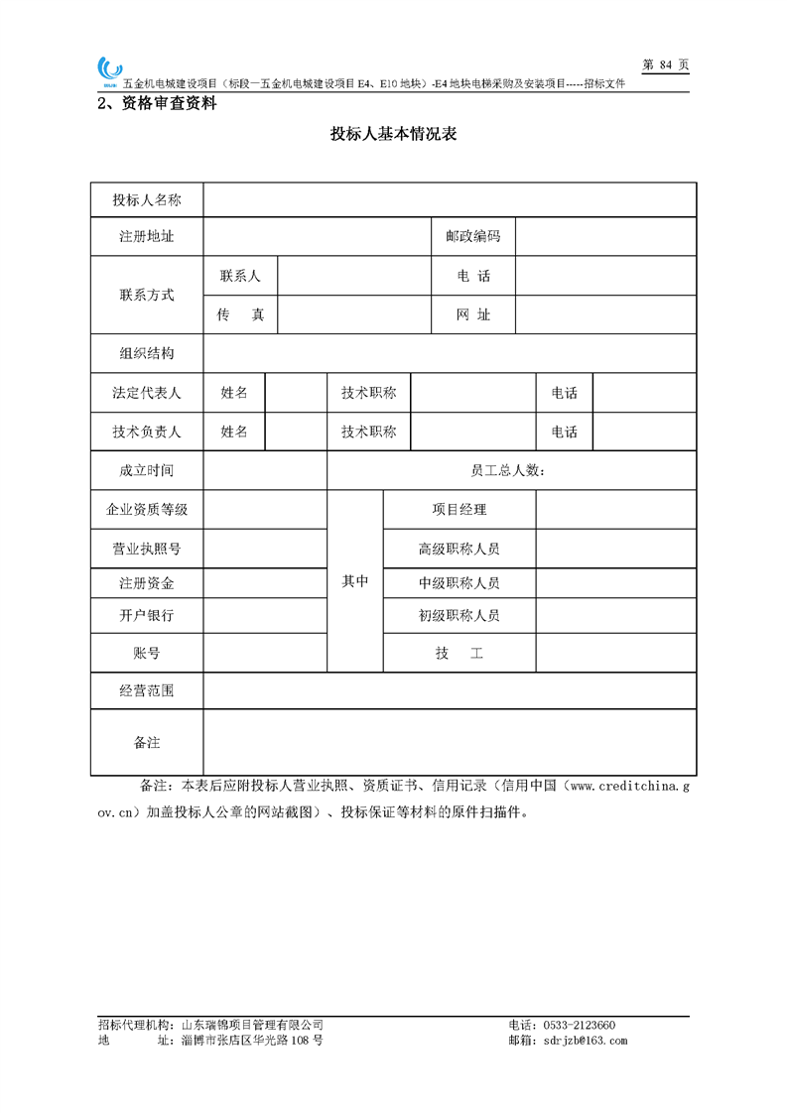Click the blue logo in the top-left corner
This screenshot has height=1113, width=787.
coord(108,69)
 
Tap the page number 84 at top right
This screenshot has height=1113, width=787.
coord(666,64)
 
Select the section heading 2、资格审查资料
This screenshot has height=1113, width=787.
coord(156,103)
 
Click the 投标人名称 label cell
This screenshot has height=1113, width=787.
coord(147,200)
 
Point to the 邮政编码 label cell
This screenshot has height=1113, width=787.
coord(472,237)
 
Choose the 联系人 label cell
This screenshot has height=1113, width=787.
coord(240,276)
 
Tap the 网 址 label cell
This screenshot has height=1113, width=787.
coord(472,315)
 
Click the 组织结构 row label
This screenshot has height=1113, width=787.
coord(147,354)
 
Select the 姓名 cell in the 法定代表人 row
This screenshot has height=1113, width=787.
coord(234,393)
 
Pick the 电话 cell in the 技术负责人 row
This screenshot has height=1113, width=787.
coord(564,432)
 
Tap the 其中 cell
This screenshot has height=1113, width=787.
coord(355,581)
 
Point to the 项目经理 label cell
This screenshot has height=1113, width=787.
coord(459,510)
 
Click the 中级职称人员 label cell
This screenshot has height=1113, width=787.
coord(459,583)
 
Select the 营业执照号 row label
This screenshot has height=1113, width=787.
coord(147,549)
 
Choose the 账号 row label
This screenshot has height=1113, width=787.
coord(147,654)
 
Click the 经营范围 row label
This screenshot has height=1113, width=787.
coord(147,691)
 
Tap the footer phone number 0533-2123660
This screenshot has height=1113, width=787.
coord(577,1025)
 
